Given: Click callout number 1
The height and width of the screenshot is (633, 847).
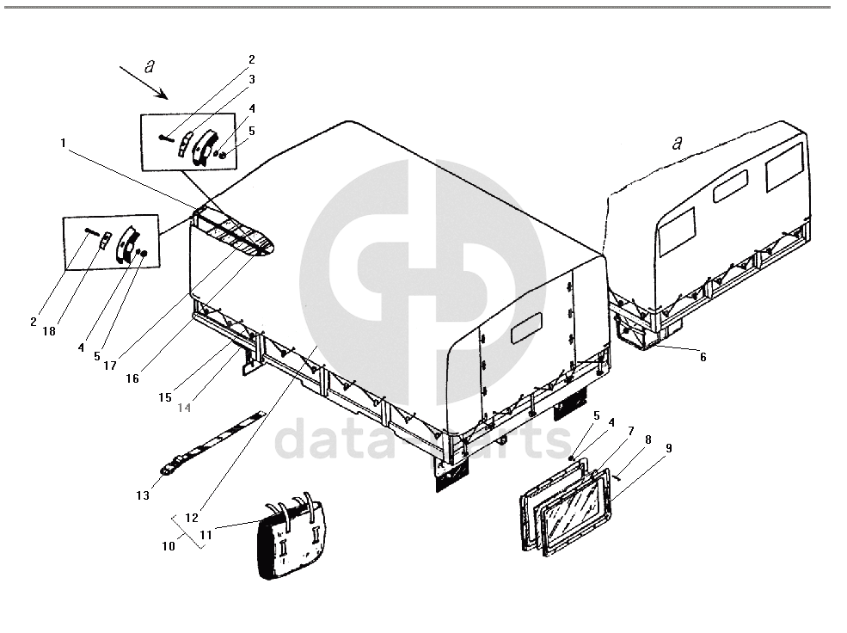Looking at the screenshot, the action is (63, 143).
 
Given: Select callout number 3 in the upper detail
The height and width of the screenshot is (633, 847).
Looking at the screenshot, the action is (252, 79).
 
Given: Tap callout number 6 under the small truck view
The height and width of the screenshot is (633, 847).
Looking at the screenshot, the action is (703, 357).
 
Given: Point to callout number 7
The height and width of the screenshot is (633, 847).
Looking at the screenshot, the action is (630, 431).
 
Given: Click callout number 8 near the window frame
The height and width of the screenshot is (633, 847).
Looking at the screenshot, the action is (648, 439).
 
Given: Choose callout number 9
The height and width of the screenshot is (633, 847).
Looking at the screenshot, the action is (669, 448).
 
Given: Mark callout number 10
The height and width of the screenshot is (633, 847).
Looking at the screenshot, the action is (169, 546).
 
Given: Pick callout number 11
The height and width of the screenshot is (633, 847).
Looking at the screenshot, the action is (206, 535).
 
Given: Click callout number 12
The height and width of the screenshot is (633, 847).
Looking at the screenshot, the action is (192, 518).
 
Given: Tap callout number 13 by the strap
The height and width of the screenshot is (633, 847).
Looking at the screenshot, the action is (143, 495).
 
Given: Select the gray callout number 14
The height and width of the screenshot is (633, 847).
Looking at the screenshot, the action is (184, 408).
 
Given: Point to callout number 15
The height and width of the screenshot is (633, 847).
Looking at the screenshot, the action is (165, 397).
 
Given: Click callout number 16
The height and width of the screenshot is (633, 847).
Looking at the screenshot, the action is (132, 378).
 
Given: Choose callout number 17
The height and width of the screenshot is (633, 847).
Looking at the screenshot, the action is (110, 366).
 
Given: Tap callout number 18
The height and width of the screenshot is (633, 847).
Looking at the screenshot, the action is (49, 331).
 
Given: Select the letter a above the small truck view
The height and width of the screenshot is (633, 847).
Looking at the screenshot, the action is (677, 143).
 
